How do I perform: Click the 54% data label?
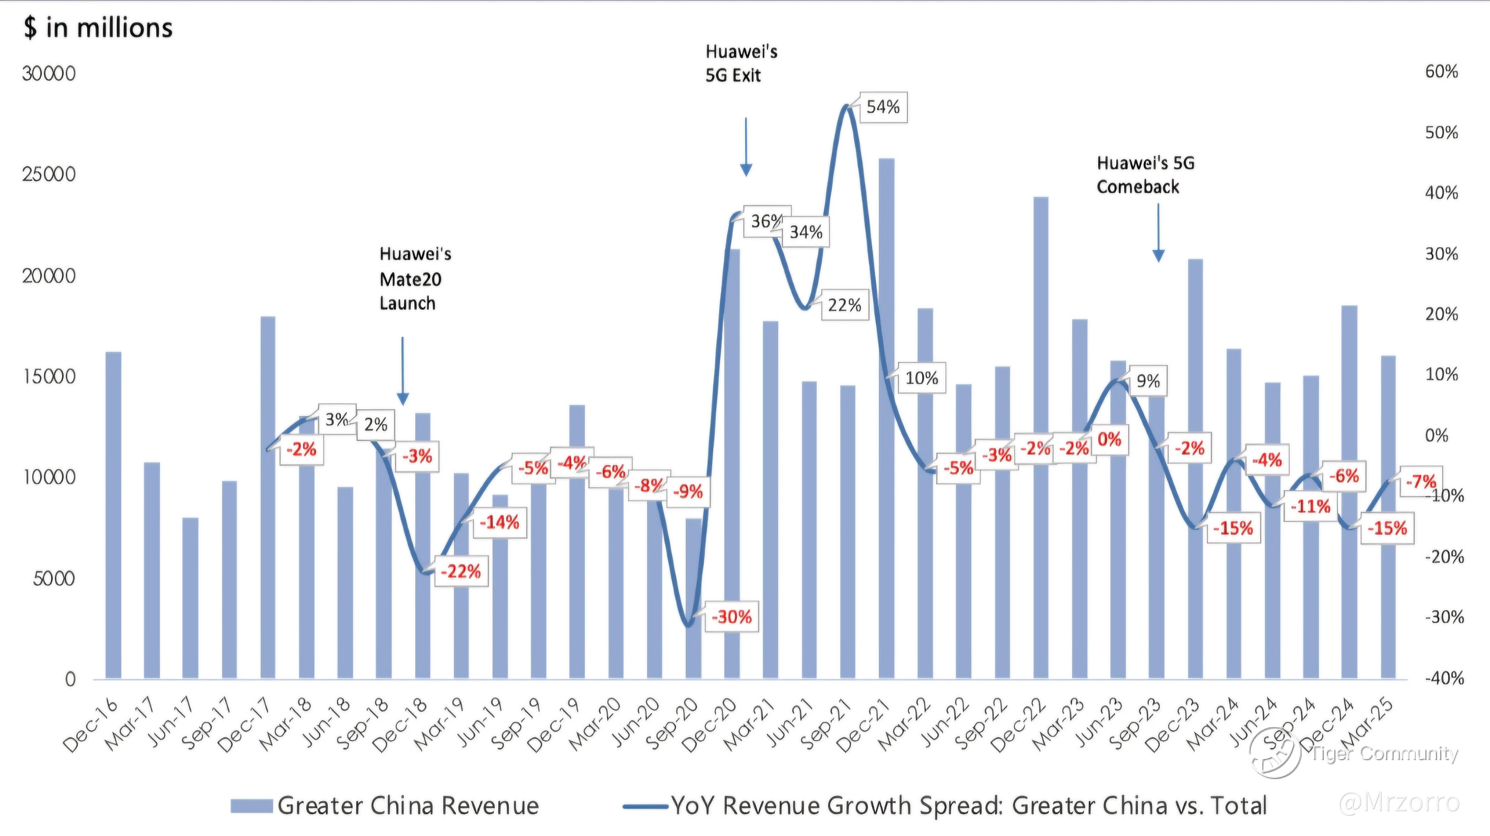(x=883, y=107)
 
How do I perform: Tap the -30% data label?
(x=731, y=617)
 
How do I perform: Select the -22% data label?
(x=460, y=571)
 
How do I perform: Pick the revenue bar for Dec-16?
(x=113, y=515)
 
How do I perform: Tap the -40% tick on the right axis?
(x=1444, y=678)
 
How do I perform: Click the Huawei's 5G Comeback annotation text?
(x=1145, y=175)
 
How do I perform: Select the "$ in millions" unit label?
(x=98, y=28)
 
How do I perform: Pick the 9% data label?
(x=1148, y=381)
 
